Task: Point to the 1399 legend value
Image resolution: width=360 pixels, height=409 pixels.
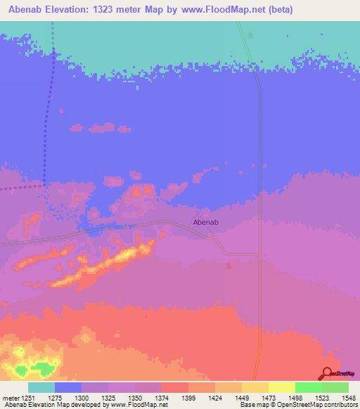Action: tap(188, 398)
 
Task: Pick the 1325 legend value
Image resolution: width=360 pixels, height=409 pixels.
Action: tap(108, 398)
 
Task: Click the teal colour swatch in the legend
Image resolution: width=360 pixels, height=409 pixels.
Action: tap(41, 387)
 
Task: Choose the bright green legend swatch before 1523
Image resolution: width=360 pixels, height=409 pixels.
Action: tap(308, 387)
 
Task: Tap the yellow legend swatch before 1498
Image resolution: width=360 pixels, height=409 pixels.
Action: tap(281, 387)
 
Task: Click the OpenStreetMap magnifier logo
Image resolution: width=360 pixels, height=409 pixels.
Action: tap(327, 373)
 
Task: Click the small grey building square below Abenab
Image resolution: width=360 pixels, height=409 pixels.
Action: tap(228, 265)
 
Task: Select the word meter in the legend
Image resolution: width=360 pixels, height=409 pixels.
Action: tap(11, 398)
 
